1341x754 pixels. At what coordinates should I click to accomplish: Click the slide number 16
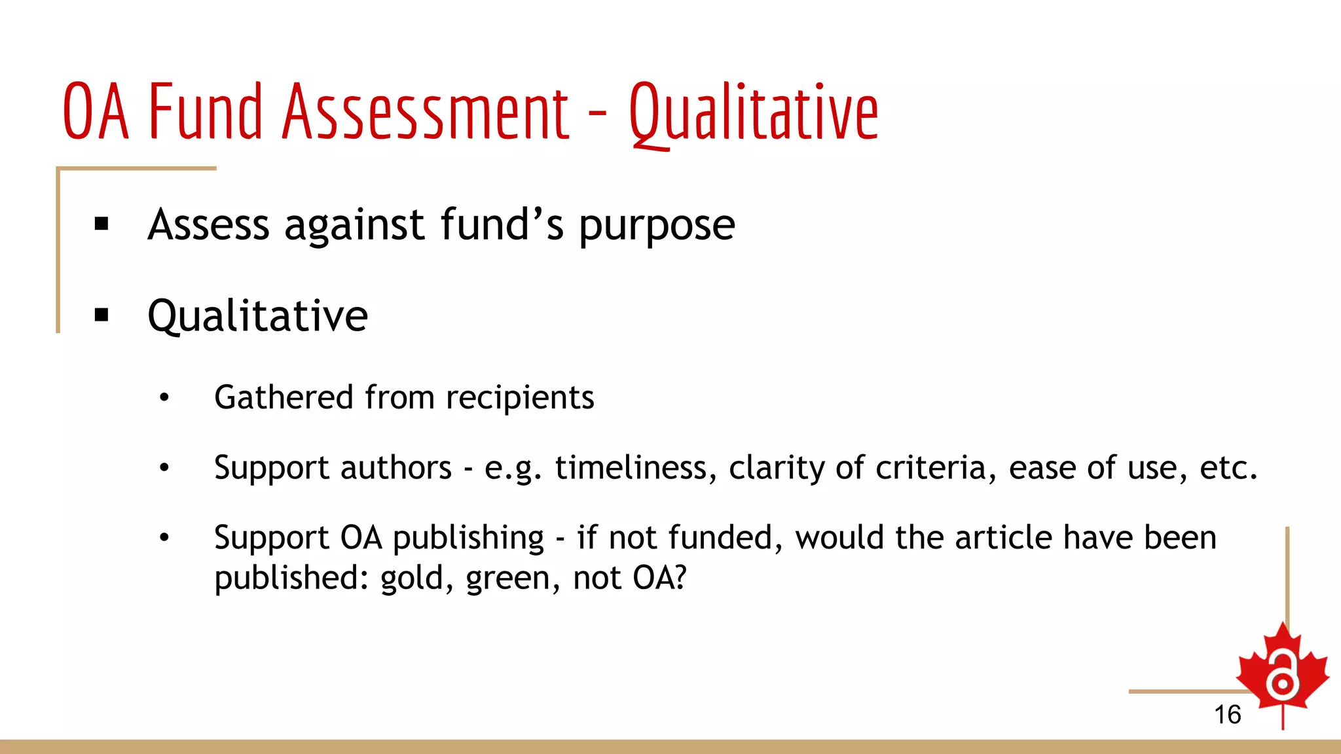click(x=1227, y=715)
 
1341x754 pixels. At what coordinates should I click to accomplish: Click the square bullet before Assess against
click(x=101, y=224)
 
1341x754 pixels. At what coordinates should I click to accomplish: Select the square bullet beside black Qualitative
click(x=101, y=315)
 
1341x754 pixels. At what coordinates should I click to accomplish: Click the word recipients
click(x=520, y=398)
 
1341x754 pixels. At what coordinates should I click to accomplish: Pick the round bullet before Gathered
click(x=164, y=397)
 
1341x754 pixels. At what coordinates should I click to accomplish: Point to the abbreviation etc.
click(x=1228, y=468)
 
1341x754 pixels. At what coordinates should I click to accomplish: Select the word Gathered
click(x=284, y=398)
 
